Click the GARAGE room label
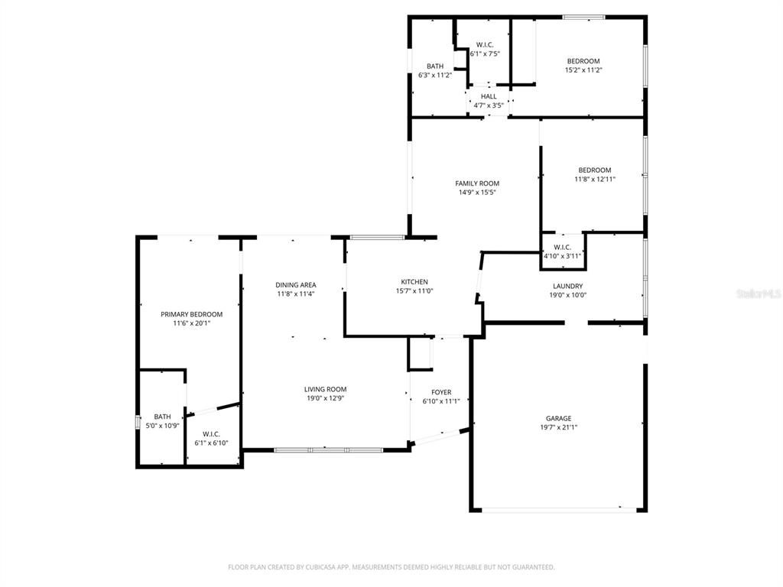point(558,418)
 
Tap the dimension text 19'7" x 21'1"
point(558,428)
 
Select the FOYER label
point(441,391)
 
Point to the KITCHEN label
point(414,282)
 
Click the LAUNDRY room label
point(567,286)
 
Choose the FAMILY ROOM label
point(477,183)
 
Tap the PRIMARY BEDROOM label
point(191,314)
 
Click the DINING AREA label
point(296,285)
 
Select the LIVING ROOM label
point(326,389)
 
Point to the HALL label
point(489,96)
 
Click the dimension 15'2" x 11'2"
point(583,70)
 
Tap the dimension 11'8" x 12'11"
point(595,179)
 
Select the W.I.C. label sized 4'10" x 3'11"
point(562,247)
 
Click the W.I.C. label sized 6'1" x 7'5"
point(485,45)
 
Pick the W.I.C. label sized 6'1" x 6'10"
point(212,434)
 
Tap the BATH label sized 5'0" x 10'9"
point(162,417)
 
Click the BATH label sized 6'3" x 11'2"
point(435,66)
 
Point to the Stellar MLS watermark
point(756,293)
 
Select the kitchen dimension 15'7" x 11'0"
point(414,291)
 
